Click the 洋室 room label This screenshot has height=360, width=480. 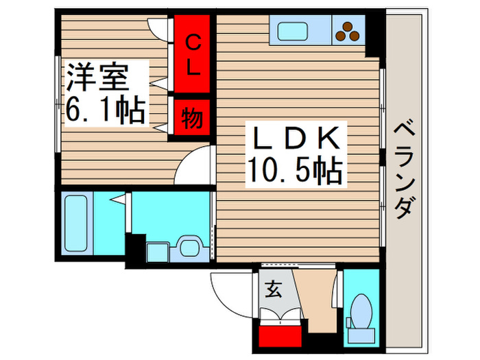(97, 77)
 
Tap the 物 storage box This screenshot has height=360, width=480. (192, 119)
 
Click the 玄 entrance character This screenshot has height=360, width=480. (273, 290)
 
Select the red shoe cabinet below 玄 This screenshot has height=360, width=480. (282, 336)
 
